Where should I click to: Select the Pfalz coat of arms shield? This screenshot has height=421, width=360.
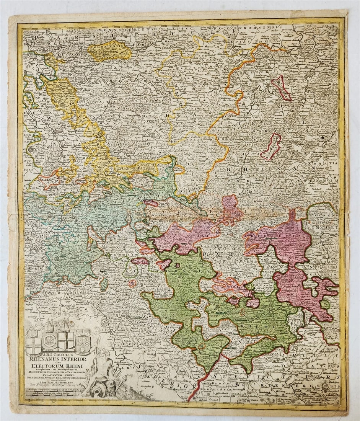[83, 340]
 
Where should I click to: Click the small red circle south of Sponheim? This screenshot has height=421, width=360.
[132, 283]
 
